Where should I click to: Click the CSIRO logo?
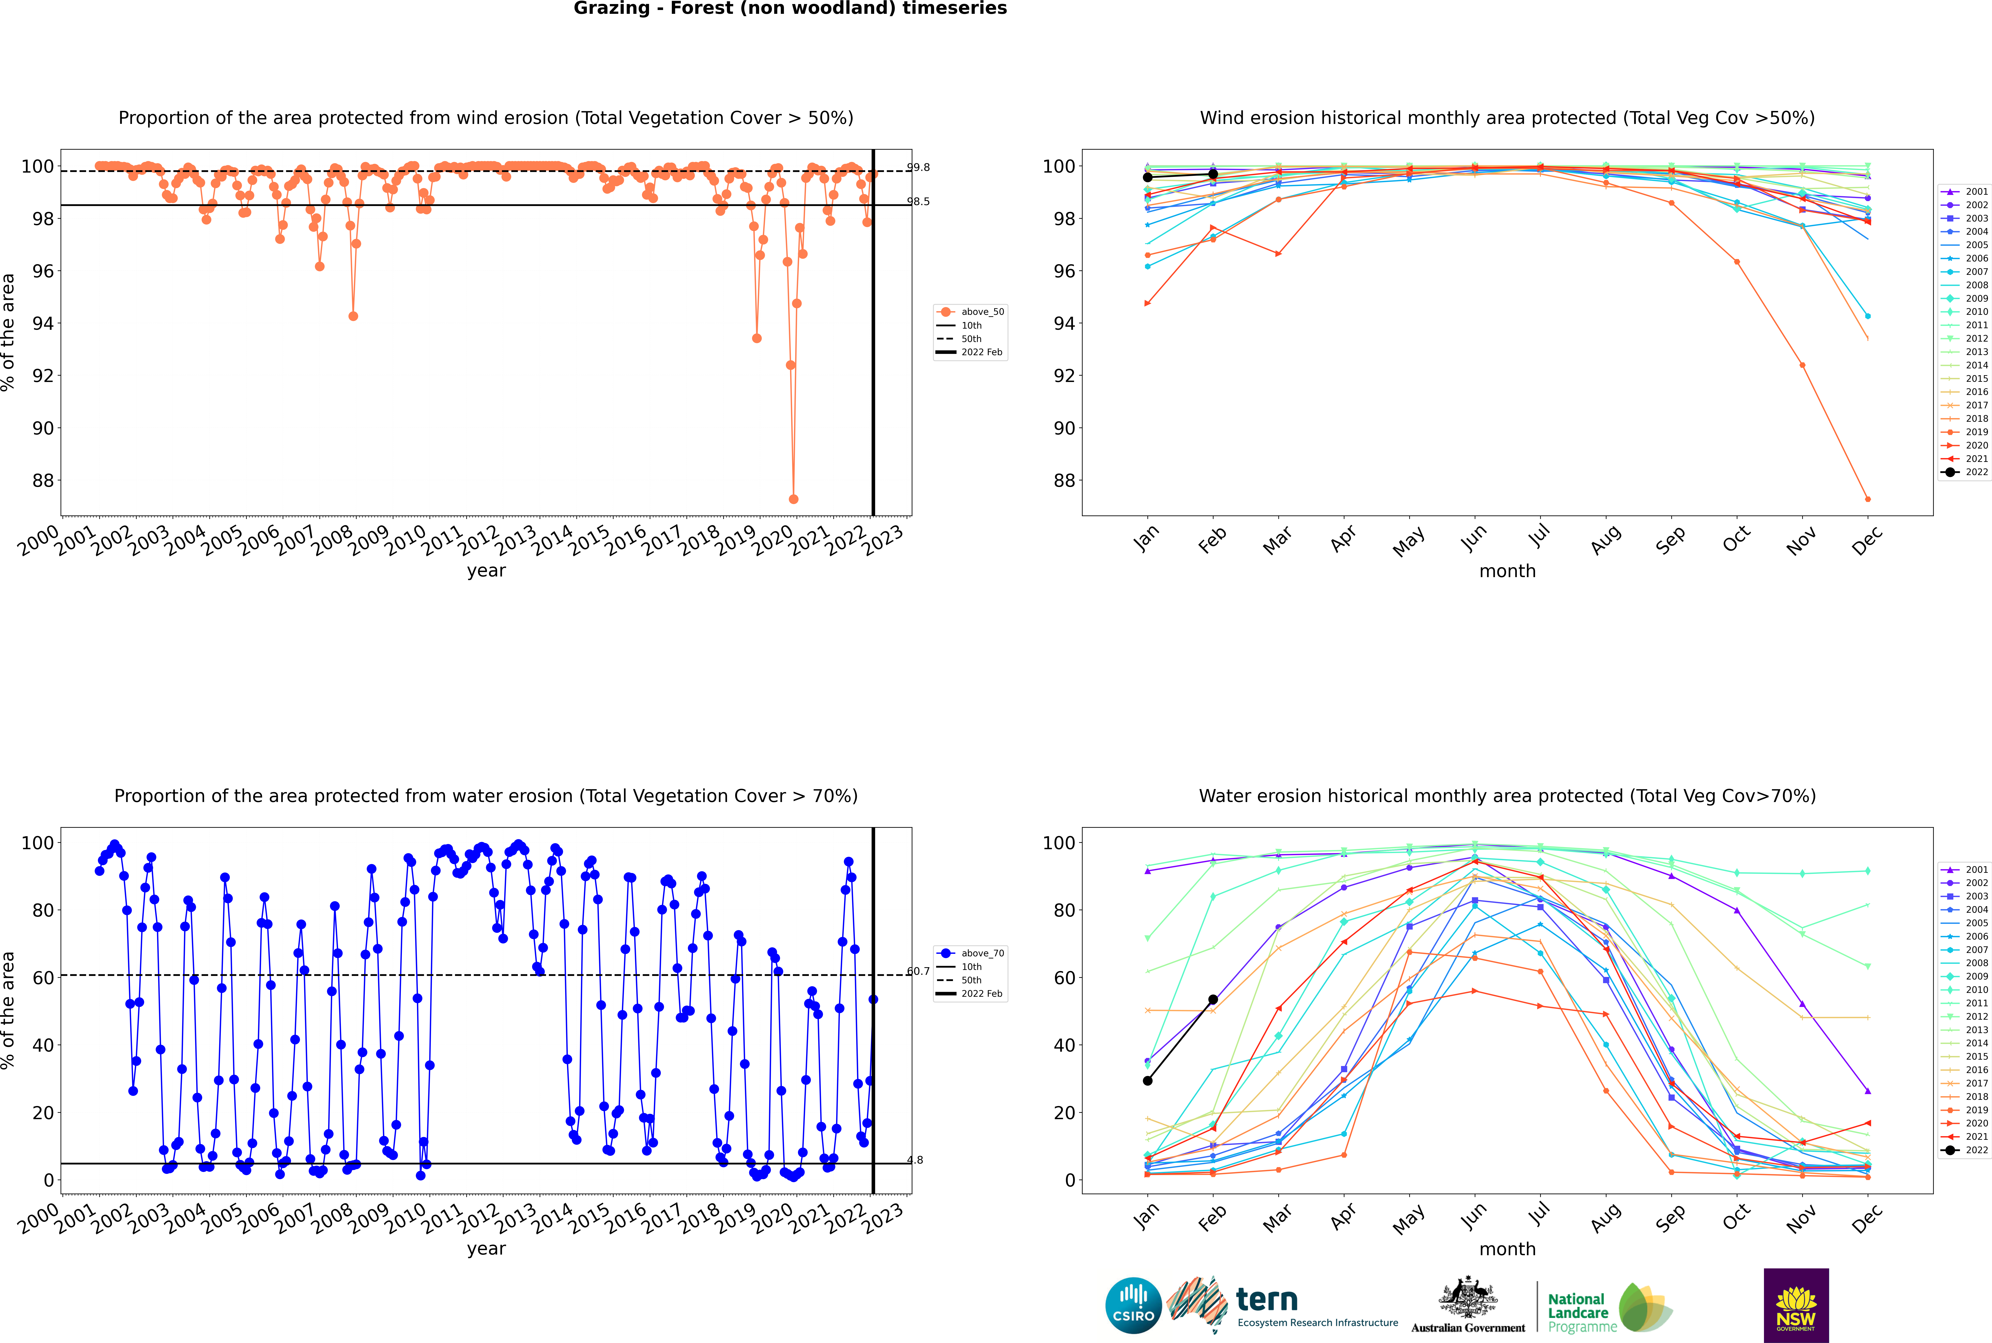pos(1133,1305)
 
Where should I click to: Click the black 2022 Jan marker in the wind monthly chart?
pos(1148,177)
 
